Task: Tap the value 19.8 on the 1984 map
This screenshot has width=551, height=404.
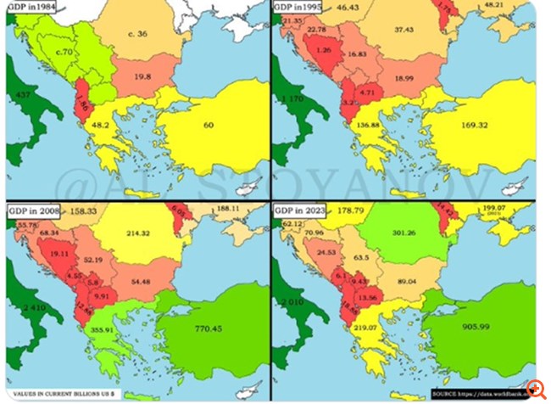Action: coord(142,76)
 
